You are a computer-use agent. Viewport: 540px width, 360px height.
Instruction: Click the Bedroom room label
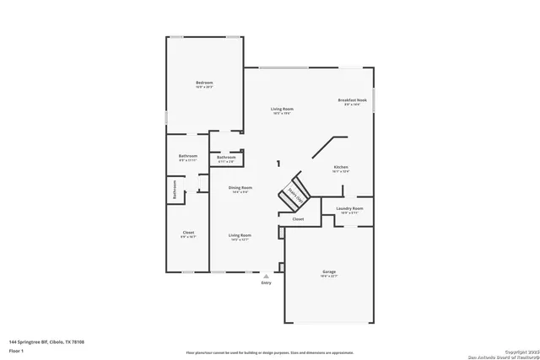pyautogui.click(x=204, y=83)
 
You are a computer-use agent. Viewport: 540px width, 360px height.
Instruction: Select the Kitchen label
pyautogui.click(x=341, y=167)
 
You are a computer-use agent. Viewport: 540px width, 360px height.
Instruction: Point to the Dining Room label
pyautogui.click(x=240, y=188)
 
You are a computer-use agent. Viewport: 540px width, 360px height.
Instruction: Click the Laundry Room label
pyautogui.click(x=349, y=208)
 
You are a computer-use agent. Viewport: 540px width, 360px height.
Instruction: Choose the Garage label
pyautogui.click(x=329, y=271)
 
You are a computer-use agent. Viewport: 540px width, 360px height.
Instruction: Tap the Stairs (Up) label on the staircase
pyautogui.click(x=295, y=195)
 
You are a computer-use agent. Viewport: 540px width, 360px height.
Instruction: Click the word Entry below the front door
pyautogui.click(x=267, y=283)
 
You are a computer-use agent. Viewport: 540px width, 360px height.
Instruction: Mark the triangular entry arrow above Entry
pyautogui.click(x=267, y=276)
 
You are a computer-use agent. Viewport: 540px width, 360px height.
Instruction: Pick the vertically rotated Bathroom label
pyautogui.click(x=175, y=189)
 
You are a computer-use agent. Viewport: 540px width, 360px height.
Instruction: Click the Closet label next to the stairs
pyautogui.click(x=298, y=219)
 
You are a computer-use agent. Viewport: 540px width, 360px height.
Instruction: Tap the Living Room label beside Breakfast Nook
pyautogui.click(x=282, y=109)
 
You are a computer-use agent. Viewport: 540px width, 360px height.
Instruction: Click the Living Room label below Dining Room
pyautogui.click(x=240, y=235)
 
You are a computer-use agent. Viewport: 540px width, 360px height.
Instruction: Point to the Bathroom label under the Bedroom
pyautogui.click(x=187, y=155)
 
